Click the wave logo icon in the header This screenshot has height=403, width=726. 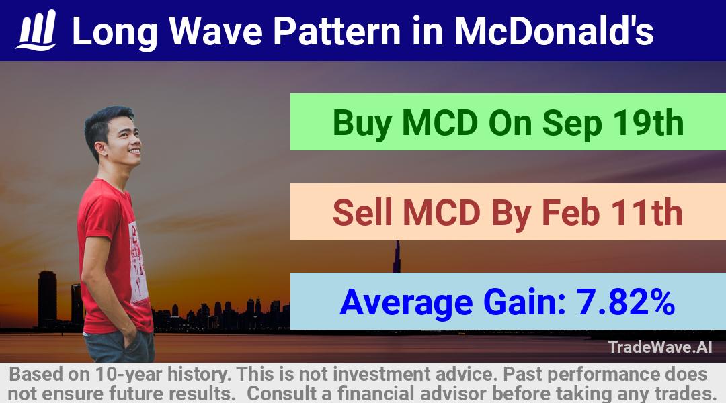pyautogui.click(x=36, y=30)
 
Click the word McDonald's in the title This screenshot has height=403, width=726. pyautogui.click(x=554, y=31)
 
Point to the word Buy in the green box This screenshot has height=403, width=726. pyautogui.click(x=362, y=124)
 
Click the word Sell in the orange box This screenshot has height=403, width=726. pyautogui.click(x=362, y=212)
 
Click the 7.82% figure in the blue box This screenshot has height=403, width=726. pyautogui.click(x=625, y=302)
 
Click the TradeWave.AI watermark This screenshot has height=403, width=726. pyautogui.click(x=660, y=347)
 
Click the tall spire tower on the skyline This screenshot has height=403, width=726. pyautogui.click(x=397, y=257)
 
